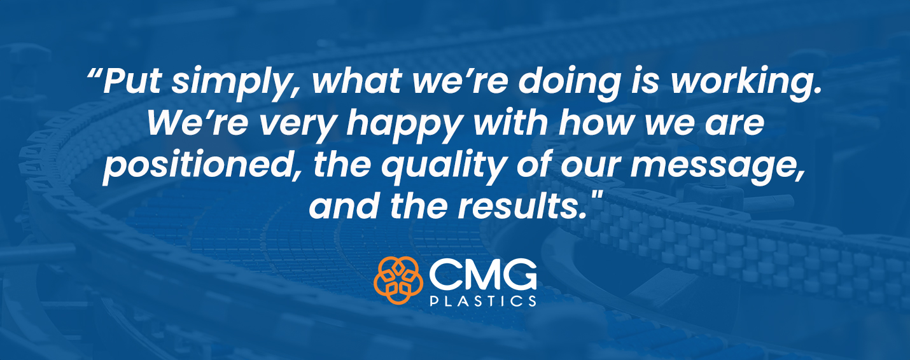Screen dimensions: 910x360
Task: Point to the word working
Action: click(x=745, y=83)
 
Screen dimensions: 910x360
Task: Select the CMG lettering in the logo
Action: click(x=482, y=274)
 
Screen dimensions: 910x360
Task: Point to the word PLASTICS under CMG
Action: click(x=482, y=301)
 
